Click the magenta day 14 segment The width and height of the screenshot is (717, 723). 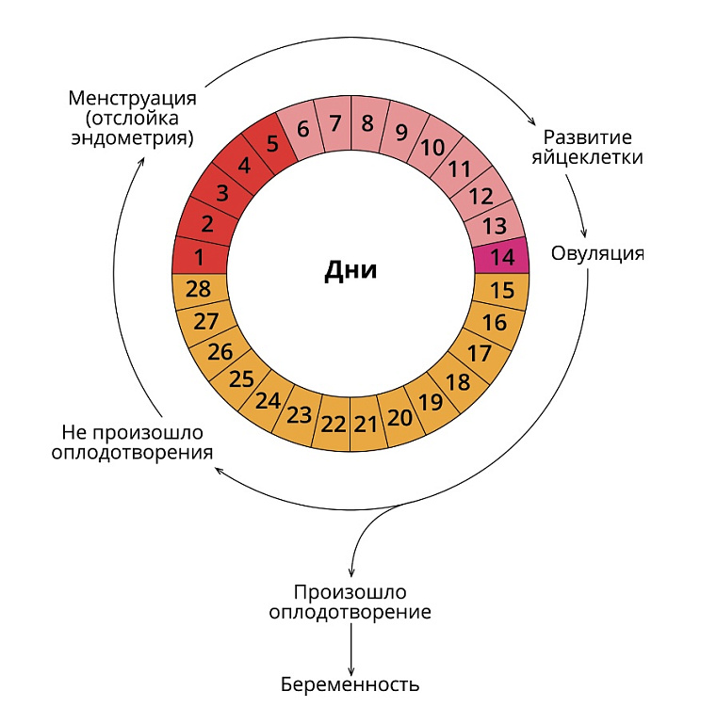[x=501, y=256]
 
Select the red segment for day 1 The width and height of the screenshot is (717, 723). [x=200, y=256]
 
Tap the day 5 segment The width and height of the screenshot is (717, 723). [x=270, y=143]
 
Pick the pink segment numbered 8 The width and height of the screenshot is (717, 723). [x=367, y=123]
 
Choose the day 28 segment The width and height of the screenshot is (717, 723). [x=200, y=291]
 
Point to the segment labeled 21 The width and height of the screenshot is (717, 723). [x=366, y=425]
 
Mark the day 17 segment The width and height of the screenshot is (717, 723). [x=480, y=354]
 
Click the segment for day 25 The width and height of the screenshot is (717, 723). [x=242, y=379]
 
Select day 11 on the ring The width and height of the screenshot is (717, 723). [x=460, y=168]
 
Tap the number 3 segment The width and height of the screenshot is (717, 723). [x=221, y=192]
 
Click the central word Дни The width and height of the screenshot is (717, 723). [x=350, y=270]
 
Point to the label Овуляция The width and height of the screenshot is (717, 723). [x=597, y=253]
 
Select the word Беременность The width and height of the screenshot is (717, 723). [x=350, y=684]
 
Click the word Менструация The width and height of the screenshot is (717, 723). [x=133, y=99]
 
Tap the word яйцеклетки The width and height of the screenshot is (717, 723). [x=587, y=157]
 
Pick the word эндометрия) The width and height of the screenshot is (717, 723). [x=133, y=138]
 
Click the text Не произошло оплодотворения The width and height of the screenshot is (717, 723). [x=133, y=442]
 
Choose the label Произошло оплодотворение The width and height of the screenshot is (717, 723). [x=350, y=602]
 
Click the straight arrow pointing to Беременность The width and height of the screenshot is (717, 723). [x=351, y=650]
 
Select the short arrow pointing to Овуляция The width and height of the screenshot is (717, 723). [x=578, y=205]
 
